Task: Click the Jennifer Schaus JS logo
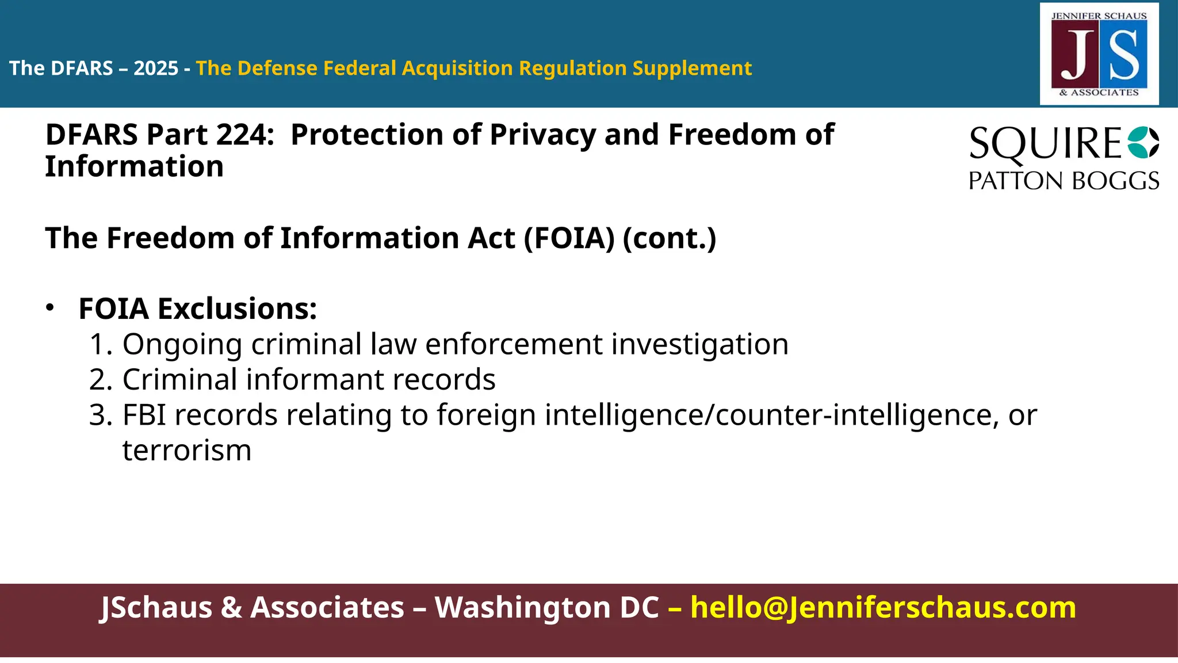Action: [x=1099, y=54]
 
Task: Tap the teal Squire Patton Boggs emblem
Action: [x=1143, y=142]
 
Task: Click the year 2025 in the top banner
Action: [x=156, y=68]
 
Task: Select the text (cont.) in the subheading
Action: [x=670, y=238]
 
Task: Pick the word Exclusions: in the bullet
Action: [x=237, y=308]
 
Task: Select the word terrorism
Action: [x=187, y=451]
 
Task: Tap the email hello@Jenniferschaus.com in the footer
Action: [x=883, y=608]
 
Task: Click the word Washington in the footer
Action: [x=546, y=608]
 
